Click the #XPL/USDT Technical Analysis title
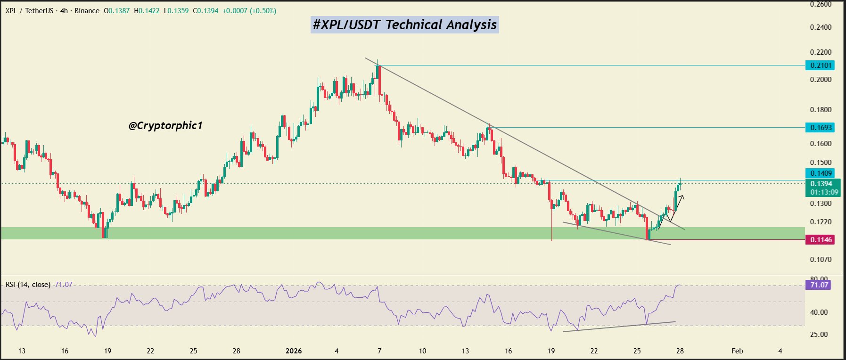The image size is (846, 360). [405, 25]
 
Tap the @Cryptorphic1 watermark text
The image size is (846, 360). [165, 125]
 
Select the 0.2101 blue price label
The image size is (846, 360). [821, 65]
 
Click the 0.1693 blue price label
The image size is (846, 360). [821, 128]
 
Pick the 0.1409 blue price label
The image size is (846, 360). [821, 173]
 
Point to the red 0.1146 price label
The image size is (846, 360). [821, 240]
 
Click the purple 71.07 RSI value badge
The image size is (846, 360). [819, 285]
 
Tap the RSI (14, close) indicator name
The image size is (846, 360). [28, 285]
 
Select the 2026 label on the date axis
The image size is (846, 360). [294, 351]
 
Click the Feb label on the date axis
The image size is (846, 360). [737, 351]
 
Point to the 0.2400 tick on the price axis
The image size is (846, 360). [821, 27]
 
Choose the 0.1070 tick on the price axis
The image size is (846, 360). [821, 260]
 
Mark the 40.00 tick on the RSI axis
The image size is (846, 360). [819, 312]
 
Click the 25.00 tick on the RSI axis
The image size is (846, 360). [819, 335]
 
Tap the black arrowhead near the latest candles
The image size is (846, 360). [682, 197]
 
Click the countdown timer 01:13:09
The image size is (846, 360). [824, 192]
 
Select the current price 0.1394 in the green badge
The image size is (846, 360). [821, 184]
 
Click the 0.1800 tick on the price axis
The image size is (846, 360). [821, 110]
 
